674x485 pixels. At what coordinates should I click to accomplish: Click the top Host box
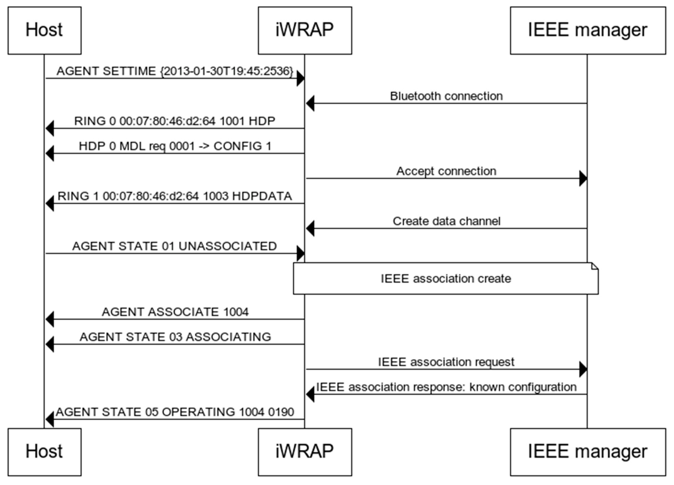(45, 30)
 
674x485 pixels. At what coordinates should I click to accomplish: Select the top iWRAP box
(305, 30)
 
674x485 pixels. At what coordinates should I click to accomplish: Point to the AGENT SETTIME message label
(175, 71)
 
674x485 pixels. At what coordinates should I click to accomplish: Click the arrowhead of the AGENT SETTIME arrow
(301, 79)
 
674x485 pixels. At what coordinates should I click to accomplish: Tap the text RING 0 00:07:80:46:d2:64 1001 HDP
(175, 121)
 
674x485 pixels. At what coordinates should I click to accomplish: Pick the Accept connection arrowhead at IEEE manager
(583, 178)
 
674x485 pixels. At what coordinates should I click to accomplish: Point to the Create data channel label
(446, 221)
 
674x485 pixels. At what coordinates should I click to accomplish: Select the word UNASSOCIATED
(228, 246)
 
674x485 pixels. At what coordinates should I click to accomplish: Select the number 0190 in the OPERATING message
(281, 412)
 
